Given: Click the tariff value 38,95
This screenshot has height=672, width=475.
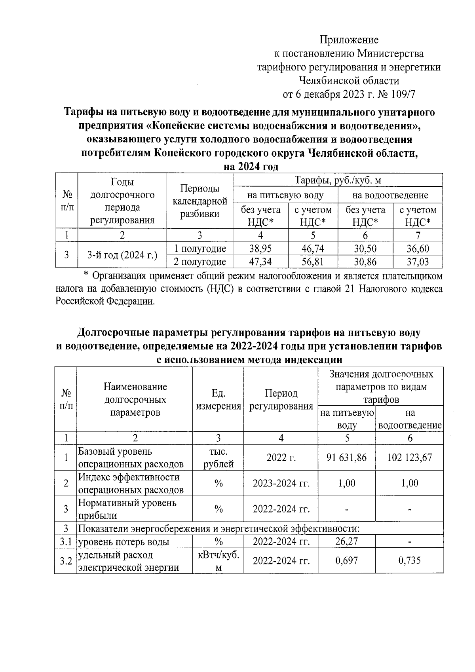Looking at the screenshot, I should point(260,249).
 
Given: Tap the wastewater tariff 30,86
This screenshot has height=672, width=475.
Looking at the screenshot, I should point(365,262).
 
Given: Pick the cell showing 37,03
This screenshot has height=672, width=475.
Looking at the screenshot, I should point(418,262).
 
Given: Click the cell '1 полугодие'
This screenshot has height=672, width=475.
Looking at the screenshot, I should point(200,249).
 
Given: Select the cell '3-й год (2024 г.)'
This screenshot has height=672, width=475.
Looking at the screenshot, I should point(122,255).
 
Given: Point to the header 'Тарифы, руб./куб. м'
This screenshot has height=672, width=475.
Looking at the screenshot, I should point(338,180).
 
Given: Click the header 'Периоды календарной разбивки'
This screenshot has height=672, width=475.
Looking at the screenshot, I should point(200,201).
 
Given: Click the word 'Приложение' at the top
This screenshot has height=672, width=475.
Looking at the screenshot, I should point(349,40).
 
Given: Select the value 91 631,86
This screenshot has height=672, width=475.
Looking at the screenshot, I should point(346,457).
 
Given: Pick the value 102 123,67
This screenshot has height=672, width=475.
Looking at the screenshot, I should point(409,457).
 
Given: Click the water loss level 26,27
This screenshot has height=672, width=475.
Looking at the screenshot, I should point(346,541).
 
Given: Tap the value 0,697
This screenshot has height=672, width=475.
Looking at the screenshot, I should point(346,560).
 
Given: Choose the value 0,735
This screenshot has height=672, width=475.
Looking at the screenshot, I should point(409,560).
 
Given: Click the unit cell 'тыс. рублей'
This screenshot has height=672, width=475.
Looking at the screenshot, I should point(218,457).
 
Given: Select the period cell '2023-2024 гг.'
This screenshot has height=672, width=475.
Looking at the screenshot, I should point(281,483).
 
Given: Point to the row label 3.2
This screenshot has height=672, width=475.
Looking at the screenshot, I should point(65,561).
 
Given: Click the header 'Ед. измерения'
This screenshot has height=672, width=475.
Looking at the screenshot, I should point(218,400).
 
